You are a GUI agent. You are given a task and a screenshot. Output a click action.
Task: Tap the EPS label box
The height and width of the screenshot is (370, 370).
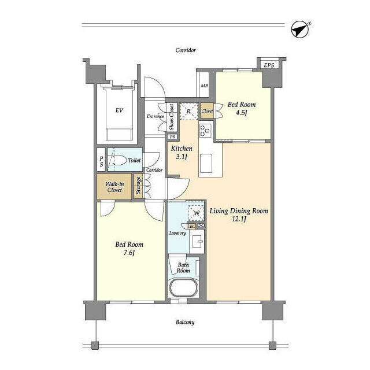[x=269, y=65]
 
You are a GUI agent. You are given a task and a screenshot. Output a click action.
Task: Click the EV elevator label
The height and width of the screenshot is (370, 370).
[x=120, y=110]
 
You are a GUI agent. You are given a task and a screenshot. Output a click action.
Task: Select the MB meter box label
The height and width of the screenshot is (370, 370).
[x=204, y=86]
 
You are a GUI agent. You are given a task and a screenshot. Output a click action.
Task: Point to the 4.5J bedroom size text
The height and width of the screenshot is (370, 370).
[x=241, y=113]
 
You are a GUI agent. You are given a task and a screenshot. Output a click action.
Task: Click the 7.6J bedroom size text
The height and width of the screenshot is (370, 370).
[x=128, y=253]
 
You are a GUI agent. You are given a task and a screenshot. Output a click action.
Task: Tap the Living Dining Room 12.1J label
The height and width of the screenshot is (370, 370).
[x=239, y=215]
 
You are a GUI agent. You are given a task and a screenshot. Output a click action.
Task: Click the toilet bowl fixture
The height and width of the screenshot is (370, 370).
[x=118, y=160]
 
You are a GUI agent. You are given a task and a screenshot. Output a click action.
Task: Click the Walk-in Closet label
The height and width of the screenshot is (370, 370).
[x=114, y=187]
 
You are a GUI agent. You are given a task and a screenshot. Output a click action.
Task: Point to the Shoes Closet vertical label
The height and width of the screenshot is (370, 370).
[x=172, y=118]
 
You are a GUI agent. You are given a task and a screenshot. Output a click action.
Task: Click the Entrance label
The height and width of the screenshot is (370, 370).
[x=155, y=116]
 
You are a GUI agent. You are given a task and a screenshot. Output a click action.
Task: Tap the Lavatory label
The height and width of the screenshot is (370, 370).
[x=177, y=233]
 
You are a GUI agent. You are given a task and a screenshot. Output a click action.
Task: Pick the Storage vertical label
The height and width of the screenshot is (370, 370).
[x=139, y=186]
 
